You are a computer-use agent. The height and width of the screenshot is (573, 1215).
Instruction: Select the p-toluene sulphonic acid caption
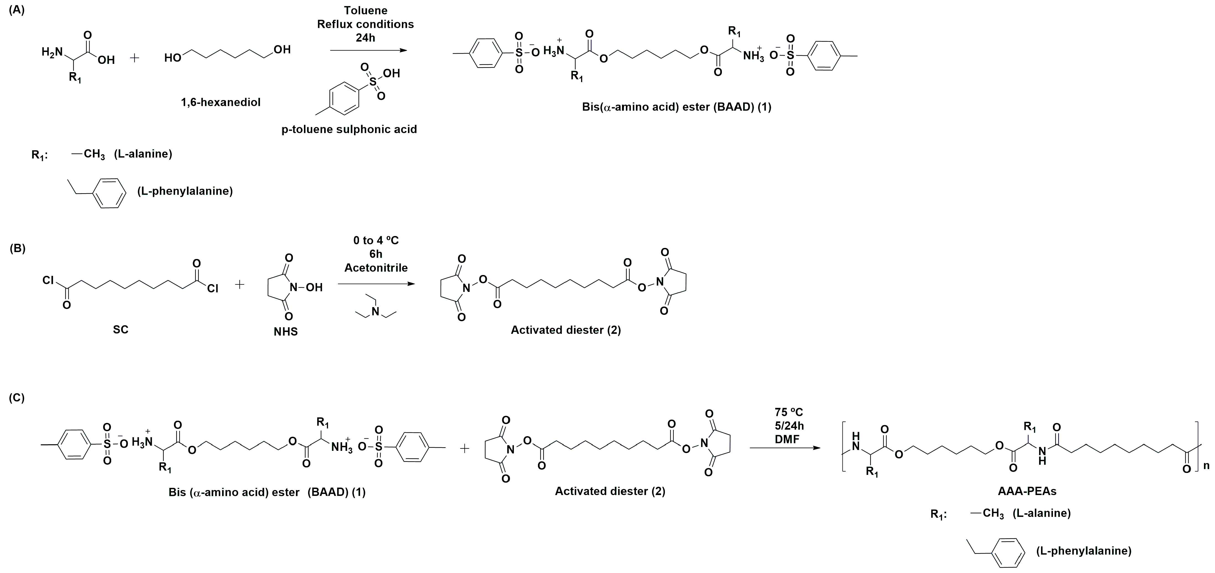click(x=349, y=129)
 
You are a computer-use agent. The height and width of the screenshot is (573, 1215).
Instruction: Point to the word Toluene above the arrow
click(x=366, y=11)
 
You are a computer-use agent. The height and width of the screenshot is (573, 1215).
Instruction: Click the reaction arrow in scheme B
click(x=376, y=284)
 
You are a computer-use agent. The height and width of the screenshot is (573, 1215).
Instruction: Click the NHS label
click(x=285, y=332)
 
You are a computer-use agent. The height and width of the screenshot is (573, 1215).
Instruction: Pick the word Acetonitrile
click(x=376, y=268)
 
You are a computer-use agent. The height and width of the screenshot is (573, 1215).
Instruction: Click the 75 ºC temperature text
click(x=789, y=413)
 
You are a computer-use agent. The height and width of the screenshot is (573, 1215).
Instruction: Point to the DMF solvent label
click(x=789, y=439)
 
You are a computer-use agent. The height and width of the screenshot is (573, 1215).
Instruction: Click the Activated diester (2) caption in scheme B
click(x=566, y=330)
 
